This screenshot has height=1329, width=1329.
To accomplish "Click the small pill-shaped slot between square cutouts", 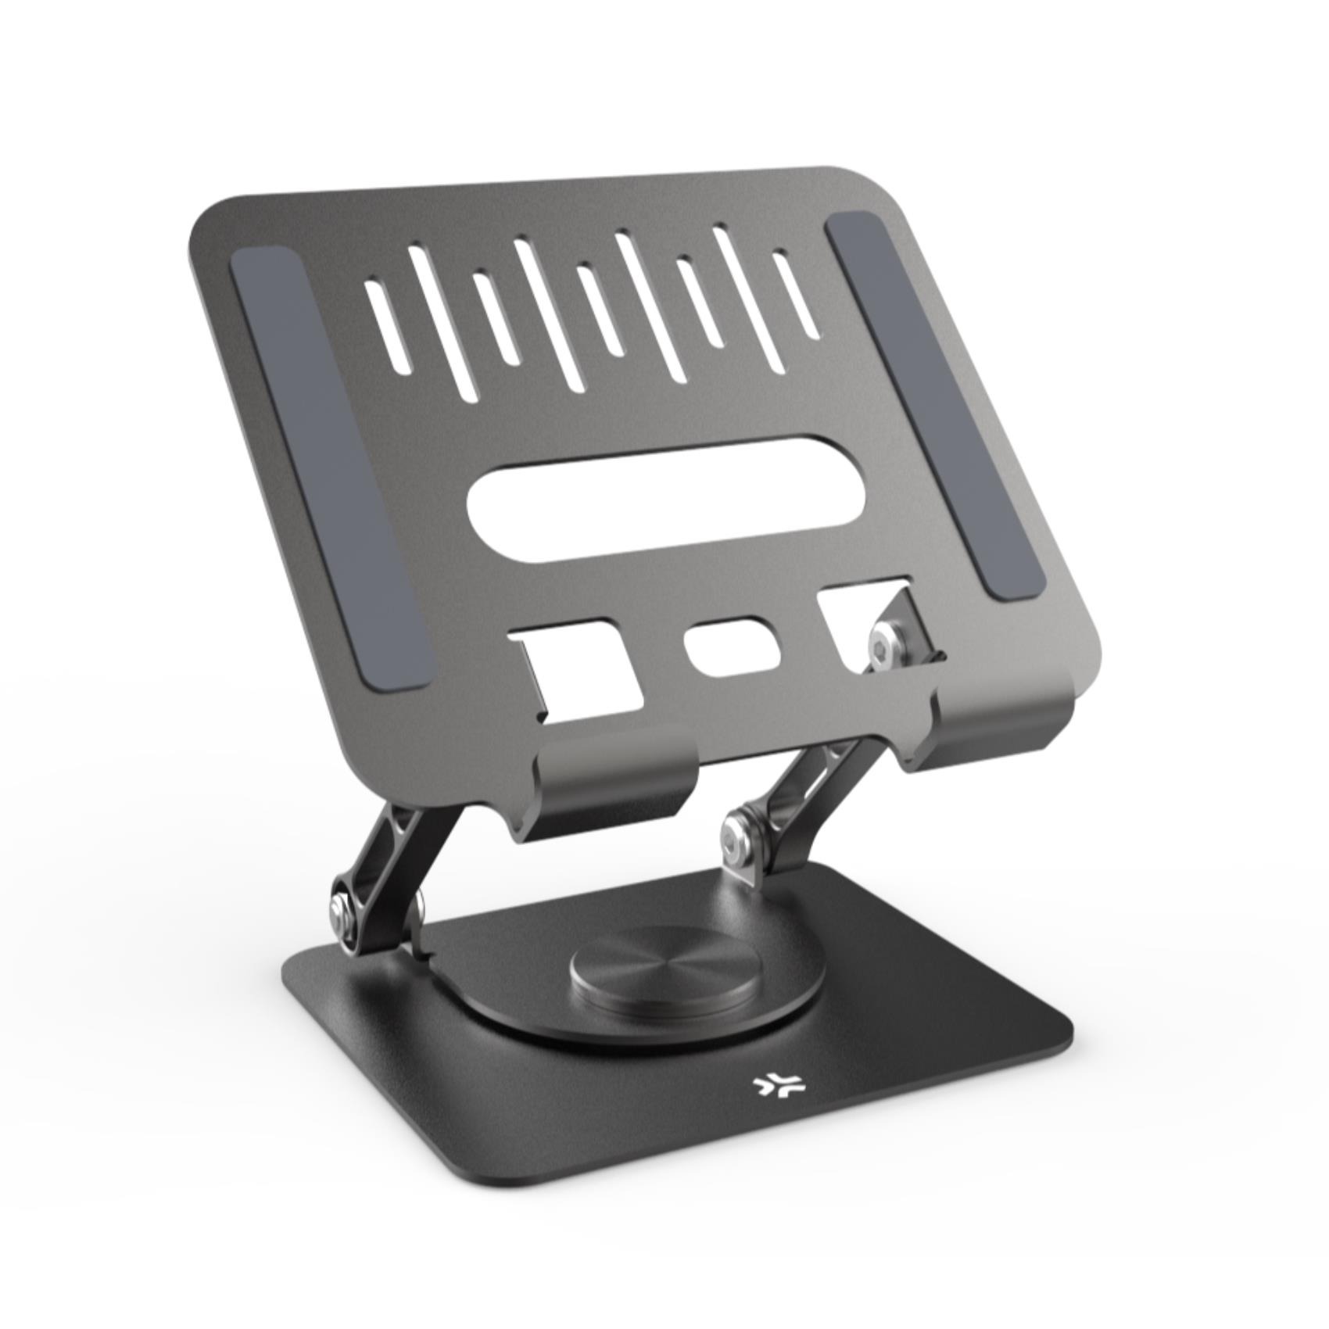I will coord(731,645).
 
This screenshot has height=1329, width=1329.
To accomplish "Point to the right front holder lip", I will coord(1005,727).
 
